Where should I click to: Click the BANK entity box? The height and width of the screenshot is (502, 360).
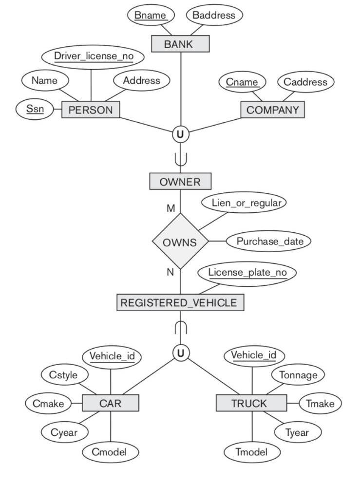[180, 44]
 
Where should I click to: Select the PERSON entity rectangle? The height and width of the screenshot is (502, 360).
[91, 110]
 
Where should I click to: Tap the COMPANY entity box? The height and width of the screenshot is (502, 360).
[272, 110]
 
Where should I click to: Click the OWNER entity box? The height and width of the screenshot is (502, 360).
[180, 182]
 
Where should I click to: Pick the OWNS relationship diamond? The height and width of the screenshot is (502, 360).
[180, 242]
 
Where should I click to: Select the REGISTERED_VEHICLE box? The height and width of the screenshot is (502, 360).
[180, 302]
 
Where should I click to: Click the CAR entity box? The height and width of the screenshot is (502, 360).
[111, 403]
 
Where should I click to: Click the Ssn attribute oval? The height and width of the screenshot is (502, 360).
[35, 109]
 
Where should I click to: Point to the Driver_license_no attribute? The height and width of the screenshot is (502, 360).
[93, 56]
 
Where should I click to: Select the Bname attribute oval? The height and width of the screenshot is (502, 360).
[151, 15]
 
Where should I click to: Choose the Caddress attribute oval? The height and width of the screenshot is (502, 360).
[305, 82]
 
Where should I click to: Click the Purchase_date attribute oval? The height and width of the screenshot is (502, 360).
[269, 241]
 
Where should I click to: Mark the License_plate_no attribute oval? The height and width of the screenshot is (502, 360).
[247, 272]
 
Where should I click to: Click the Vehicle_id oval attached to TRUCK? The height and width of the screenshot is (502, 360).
[253, 355]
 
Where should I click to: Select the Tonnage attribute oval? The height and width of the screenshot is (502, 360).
[298, 375]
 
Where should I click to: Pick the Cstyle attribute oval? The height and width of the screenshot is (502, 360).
[64, 375]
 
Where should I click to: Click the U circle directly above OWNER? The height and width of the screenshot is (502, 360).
[180, 134]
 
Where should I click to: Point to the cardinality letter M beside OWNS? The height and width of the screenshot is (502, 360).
[171, 208]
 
